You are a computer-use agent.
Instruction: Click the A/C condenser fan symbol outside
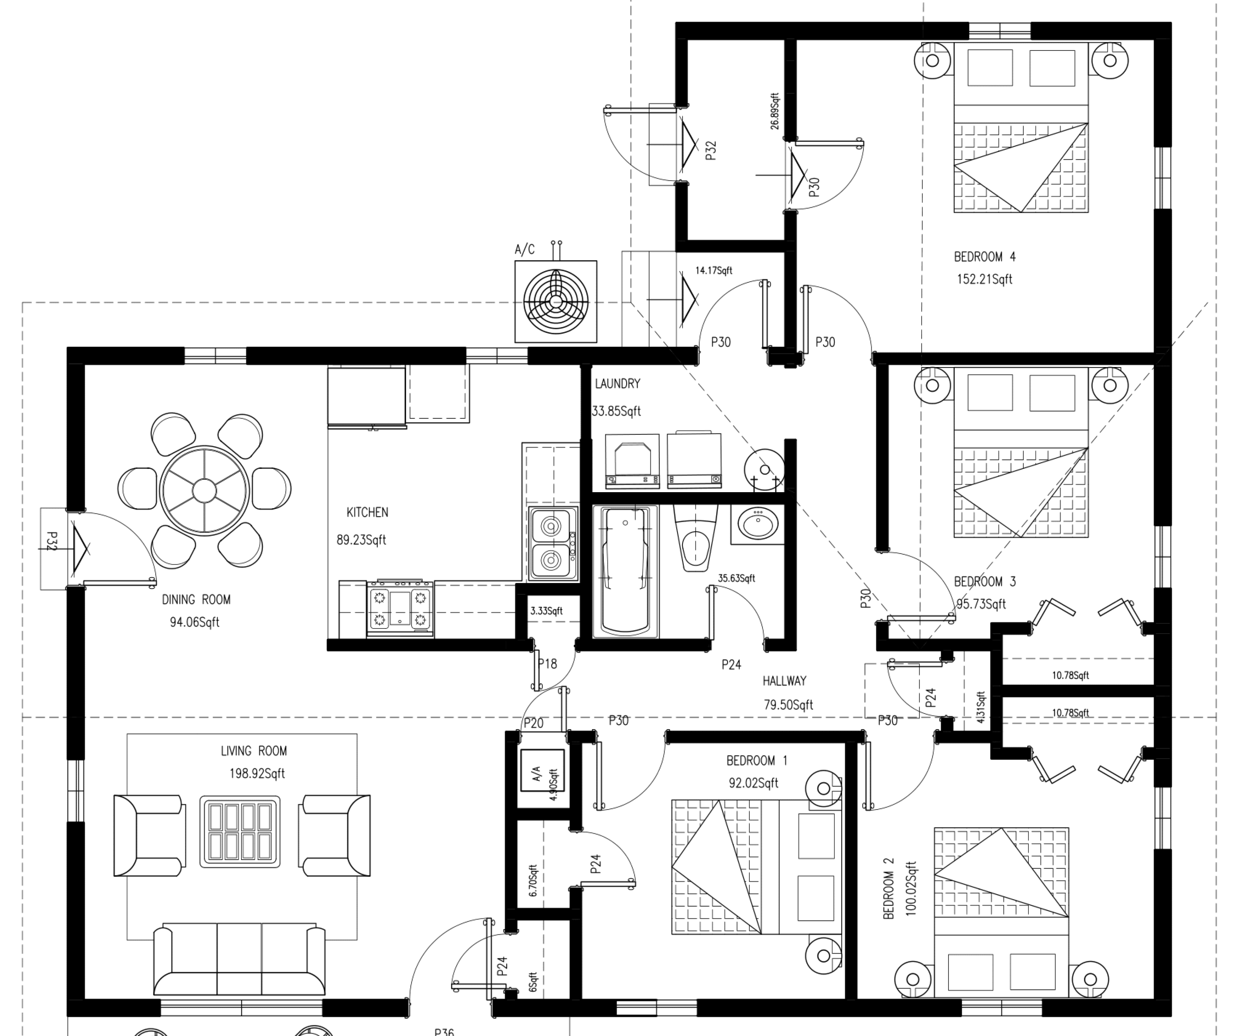pyautogui.click(x=555, y=302)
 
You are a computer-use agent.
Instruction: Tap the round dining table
pyautogui.click(x=204, y=490)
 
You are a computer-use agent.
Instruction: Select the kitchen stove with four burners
pyautogui.click(x=400, y=609)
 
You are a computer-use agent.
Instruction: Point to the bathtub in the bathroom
pyautogui.click(x=625, y=571)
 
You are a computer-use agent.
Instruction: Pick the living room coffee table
pyautogui.click(x=240, y=831)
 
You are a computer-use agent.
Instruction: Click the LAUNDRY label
pyautogui.click(x=617, y=383)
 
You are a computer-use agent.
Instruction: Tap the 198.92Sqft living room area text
pyautogui.click(x=257, y=774)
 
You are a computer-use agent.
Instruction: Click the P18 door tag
pyautogui.click(x=547, y=663)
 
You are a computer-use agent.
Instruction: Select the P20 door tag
pyautogui.click(x=533, y=723)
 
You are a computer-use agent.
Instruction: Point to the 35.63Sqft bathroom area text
pyautogui.click(x=736, y=578)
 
